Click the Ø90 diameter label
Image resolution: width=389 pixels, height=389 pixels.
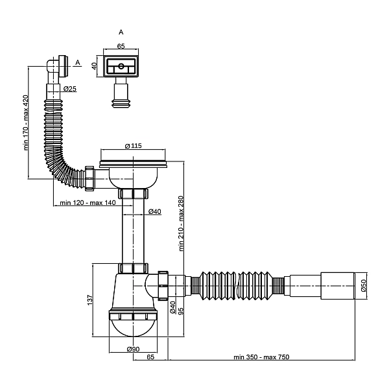coord(133,350)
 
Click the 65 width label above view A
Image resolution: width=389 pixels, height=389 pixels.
coord(121,46)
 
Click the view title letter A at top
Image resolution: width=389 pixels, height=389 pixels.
coord(121,31)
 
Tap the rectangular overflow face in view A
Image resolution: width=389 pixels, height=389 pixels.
coord(121,67)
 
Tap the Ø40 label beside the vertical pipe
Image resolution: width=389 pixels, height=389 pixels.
coord(154,211)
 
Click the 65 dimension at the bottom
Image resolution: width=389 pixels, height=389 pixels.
coord(150,357)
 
